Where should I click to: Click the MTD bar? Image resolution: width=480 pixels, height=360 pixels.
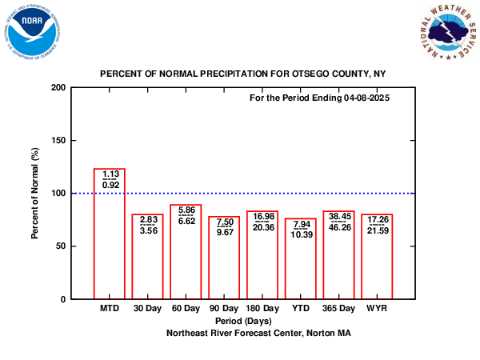(x=110, y=240)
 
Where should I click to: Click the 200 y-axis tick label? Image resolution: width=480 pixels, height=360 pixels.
(x=58, y=87)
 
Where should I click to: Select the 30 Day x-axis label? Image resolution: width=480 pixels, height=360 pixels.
(x=147, y=308)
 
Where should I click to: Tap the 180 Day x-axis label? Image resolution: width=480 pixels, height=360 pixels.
(x=262, y=308)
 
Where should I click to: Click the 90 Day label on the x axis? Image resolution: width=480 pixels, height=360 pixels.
(x=224, y=308)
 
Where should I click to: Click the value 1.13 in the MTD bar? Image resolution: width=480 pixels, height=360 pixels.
(x=110, y=174)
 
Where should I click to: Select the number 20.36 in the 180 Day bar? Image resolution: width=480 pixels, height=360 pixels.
(x=262, y=227)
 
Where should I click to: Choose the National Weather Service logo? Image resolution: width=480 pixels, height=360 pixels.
(x=444, y=33)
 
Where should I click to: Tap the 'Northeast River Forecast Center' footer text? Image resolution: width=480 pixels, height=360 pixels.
(x=248, y=331)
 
